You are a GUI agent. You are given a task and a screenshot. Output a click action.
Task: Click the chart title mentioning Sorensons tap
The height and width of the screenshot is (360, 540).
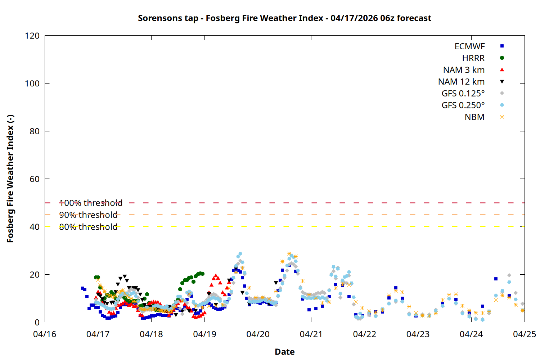284,18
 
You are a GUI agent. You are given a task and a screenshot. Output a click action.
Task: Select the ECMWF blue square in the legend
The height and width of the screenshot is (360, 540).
502,46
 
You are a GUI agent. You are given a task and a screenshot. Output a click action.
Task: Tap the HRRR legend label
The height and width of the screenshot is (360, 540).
473,58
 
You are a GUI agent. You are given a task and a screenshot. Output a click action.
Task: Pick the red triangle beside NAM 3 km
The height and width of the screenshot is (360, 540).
502,69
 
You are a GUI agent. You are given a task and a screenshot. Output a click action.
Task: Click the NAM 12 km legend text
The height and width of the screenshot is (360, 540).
461,82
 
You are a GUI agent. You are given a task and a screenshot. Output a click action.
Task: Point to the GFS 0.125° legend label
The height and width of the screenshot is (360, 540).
463,94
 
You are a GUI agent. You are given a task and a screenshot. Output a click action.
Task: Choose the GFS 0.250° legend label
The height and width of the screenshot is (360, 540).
463,105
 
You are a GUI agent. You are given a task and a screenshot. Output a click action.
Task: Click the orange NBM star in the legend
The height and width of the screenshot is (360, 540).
502,117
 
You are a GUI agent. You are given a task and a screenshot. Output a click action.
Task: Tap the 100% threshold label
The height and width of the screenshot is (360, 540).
91,203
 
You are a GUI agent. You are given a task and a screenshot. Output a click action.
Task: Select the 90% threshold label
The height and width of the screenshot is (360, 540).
88,215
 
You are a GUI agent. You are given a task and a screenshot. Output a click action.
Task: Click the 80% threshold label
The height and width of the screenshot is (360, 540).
88,227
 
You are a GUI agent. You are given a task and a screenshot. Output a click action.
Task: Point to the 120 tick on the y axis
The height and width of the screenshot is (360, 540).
32,36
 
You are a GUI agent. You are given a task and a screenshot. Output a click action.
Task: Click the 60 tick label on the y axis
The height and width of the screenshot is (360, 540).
35,179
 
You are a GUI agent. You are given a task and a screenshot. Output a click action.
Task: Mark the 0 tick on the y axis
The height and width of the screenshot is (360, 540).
37,322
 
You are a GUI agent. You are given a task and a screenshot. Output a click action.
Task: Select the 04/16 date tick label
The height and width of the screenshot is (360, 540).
45,334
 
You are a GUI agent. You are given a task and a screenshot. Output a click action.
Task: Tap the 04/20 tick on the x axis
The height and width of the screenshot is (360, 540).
258,334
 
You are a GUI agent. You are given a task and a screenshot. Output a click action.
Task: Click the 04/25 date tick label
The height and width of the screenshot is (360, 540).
524,334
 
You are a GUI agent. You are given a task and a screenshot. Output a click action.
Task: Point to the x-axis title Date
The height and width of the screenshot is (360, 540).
284,352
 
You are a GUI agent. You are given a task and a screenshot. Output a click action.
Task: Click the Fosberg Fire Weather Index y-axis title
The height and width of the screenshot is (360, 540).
10,179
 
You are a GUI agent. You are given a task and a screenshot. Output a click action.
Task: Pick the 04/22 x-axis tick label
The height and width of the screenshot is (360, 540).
364,334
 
